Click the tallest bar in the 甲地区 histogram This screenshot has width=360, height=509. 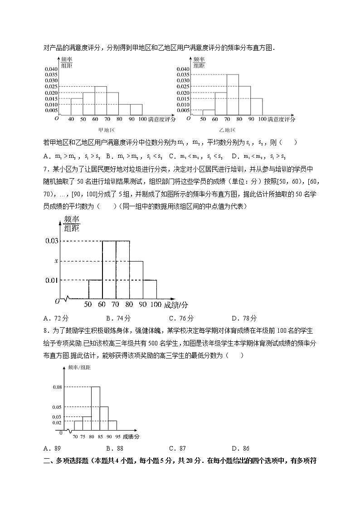click(x=101, y=101)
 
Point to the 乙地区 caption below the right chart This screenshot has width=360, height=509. click(x=227, y=130)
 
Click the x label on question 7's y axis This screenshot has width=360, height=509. click(x=56, y=261)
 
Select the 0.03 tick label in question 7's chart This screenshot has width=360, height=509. click(x=52, y=241)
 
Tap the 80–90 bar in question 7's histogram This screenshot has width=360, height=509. click(x=136, y=280)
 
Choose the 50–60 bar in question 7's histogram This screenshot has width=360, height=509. click(x=95, y=290)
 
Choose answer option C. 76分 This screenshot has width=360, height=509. click(x=181, y=318)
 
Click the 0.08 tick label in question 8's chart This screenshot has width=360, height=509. click(x=57, y=387)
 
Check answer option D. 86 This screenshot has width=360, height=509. click(x=240, y=448)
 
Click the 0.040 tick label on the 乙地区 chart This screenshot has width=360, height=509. click(x=183, y=69)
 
